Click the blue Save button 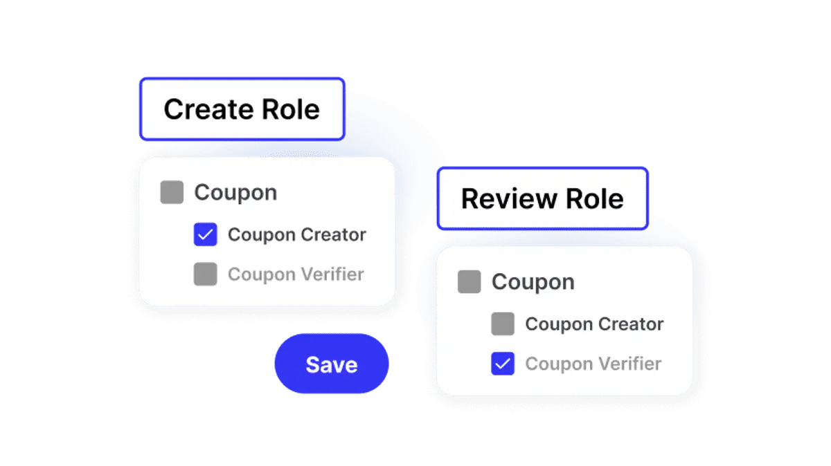[x=332, y=364]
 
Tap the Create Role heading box [x=242, y=109]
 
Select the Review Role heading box [x=543, y=198]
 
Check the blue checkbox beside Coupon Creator [x=205, y=234]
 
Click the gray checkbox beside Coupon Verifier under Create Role [x=205, y=274]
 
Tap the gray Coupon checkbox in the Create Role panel [x=172, y=192]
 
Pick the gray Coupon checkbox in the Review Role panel [x=470, y=281]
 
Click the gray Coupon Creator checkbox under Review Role [x=503, y=324]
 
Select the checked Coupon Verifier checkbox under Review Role [x=503, y=364]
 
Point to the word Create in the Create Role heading [x=208, y=110]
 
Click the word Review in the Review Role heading [x=509, y=199]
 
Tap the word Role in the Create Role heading [x=290, y=110]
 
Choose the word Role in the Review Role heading [x=595, y=199]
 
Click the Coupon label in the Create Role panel [x=236, y=193]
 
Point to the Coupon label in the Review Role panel [x=533, y=282]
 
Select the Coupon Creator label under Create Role [x=297, y=234]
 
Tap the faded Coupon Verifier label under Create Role [x=296, y=274]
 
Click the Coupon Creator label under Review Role [x=595, y=324]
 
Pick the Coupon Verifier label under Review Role [x=593, y=364]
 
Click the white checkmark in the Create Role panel [x=205, y=234]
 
